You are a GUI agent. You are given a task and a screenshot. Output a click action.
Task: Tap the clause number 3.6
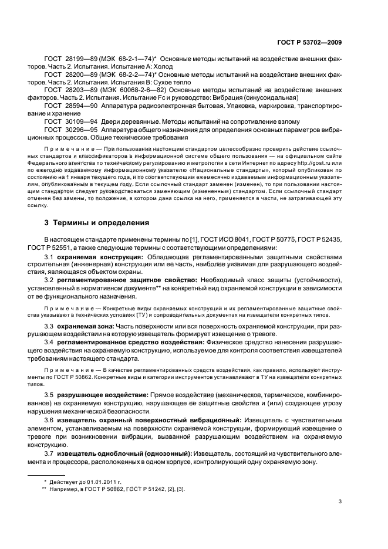[x=49, y=419]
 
